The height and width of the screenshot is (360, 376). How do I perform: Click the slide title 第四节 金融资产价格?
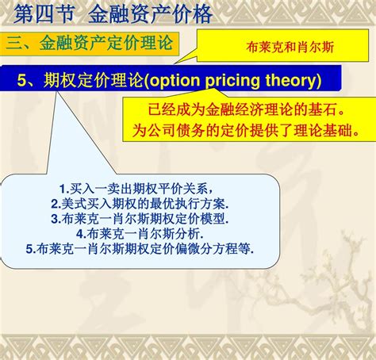click(113, 13)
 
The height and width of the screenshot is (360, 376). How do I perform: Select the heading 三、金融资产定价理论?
click(90, 43)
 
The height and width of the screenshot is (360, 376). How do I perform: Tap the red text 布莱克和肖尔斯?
click(290, 48)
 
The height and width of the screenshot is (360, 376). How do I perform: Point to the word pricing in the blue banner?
click(232, 81)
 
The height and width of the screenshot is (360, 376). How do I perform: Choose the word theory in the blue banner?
click(291, 80)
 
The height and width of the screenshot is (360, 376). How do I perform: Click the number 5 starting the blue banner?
click(21, 80)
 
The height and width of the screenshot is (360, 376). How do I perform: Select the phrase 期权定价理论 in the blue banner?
click(94, 79)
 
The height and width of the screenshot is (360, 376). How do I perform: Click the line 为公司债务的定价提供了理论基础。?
click(246, 130)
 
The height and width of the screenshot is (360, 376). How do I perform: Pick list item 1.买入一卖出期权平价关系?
click(136, 189)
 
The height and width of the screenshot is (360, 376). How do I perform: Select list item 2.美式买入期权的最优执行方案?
click(140, 204)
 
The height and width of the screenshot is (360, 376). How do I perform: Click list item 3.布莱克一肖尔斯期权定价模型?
click(140, 219)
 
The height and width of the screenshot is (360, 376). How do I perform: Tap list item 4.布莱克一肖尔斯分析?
click(140, 234)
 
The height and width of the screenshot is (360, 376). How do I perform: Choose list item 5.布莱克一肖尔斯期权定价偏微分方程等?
click(140, 249)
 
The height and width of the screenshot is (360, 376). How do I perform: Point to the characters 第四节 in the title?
click(44, 13)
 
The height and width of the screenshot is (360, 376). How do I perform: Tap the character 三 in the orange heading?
click(14, 44)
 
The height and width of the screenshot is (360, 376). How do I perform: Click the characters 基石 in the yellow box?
click(322, 109)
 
